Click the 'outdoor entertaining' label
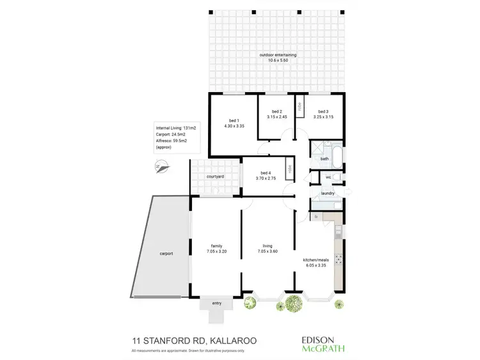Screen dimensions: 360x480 tap(278, 55)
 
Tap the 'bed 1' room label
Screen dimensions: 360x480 tap(234, 121)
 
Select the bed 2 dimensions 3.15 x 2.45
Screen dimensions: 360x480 tap(277, 118)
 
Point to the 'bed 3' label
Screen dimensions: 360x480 tap(323, 112)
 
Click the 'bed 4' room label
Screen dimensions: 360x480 tap(267, 173)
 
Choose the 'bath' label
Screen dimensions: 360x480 tap(324, 159)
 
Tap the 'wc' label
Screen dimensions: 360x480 tap(328, 177)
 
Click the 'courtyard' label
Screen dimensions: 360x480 tap(215, 176)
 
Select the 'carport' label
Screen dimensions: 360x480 tap(166, 253)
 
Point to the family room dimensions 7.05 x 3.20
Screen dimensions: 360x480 tap(216, 251)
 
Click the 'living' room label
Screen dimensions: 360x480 tap(268, 246)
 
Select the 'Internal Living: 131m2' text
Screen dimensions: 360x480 tap(175, 128)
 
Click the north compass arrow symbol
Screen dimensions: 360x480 tap(162, 169)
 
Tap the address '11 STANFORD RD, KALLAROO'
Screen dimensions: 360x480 tap(194, 341)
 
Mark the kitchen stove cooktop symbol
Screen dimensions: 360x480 tap(339, 260)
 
